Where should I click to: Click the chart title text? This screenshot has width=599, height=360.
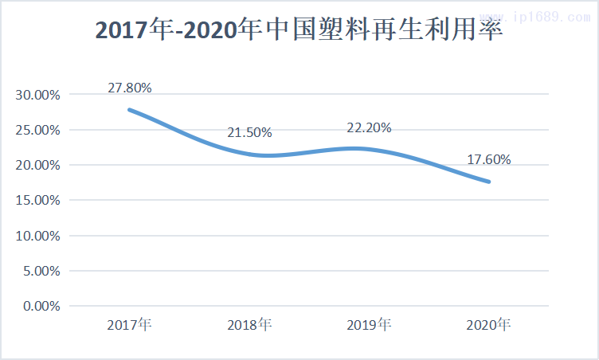click(299, 29)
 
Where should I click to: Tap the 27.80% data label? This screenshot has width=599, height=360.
click(129, 88)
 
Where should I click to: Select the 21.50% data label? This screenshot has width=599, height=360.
click(249, 132)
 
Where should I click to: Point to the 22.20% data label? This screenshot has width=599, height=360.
click(369, 128)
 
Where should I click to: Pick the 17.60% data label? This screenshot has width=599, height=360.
click(488, 159)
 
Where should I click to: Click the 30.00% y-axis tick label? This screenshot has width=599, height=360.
click(37, 95)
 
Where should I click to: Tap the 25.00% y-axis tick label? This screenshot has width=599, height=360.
click(37, 130)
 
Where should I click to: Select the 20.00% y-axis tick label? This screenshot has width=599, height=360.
click(37, 165)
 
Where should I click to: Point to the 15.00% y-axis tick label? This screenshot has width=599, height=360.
click(37, 200)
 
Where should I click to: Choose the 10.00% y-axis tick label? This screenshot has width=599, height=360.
click(37, 236)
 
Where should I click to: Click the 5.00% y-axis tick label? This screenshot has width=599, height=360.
click(40, 271)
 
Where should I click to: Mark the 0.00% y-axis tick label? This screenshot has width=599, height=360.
click(40, 306)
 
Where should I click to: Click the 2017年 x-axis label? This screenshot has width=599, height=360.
click(130, 325)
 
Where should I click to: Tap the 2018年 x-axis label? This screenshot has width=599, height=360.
click(249, 325)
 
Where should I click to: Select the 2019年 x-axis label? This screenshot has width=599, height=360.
click(369, 325)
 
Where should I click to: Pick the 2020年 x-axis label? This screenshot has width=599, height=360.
click(488, 325)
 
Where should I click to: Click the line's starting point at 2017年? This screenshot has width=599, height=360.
click(130, 110)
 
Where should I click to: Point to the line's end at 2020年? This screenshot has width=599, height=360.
click(488, 182)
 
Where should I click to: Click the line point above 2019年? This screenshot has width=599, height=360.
click(369, 149)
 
